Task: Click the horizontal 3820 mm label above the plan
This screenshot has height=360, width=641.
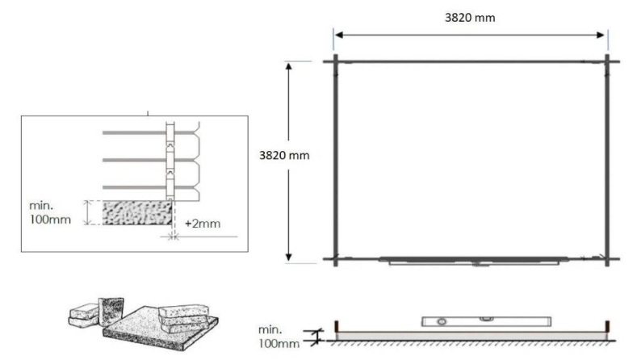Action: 472,17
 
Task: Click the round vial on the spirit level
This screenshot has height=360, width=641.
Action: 442,321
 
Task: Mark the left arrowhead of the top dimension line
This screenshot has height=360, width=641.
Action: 339,35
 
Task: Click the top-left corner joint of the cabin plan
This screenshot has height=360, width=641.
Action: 337,61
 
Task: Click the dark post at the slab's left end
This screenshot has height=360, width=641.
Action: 333,329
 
